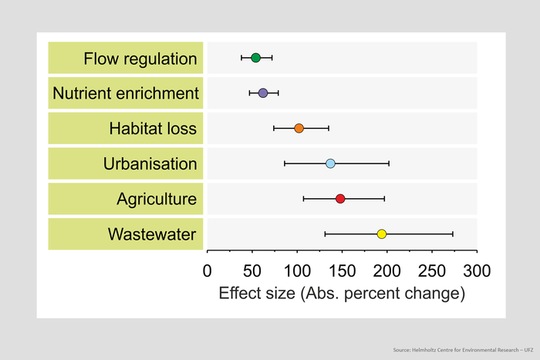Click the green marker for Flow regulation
[x=256, y=58]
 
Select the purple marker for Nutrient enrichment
[x=263, y=93]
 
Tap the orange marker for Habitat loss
[x=299, y=128]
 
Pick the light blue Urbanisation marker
[x=330, y=163]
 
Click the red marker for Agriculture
[x=340, y=199]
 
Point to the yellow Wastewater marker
[x=381, y=234]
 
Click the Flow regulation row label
[x=140, y=59]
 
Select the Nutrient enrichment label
[x=126, y=93]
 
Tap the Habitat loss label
[x=153, y=129]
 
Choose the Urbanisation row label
[x=150, y=163]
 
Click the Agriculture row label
[x=157, y=199]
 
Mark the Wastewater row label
[x=152, y=234]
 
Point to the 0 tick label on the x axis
[x=207, y=271]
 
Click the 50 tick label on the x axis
[x=251, y=271]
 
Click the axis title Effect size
[x=342, y=294]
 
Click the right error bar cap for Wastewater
[x=453, y=234]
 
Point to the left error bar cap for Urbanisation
[x=285, y=163]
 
